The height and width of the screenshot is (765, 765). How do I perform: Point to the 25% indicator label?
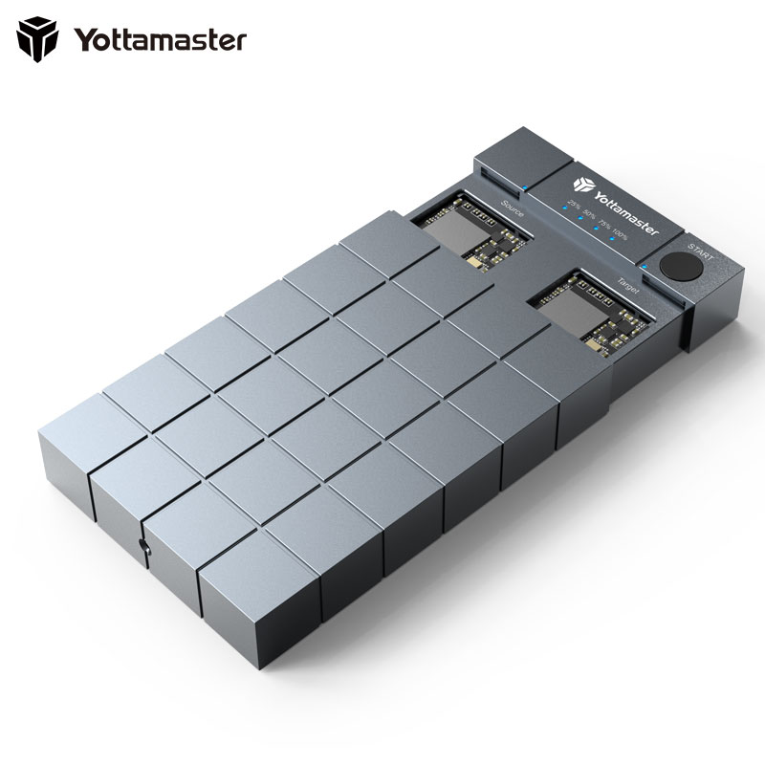(574, 203)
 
